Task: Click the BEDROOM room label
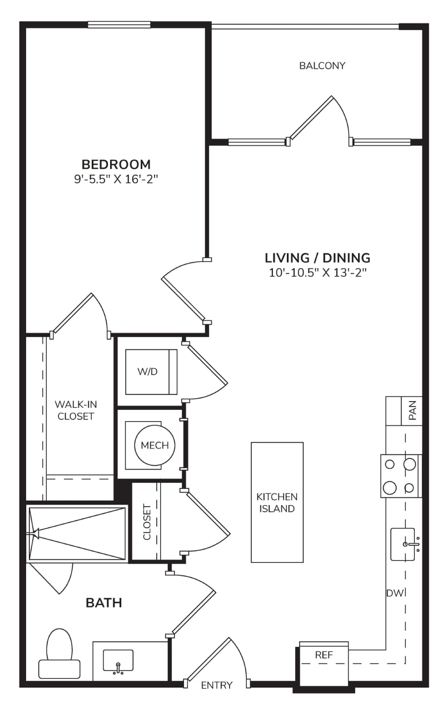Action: (116, 164)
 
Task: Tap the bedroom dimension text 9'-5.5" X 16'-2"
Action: (116, 180)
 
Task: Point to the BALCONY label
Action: (322, 66)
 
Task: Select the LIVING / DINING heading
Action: (317, 258)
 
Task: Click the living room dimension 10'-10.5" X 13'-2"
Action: (317, 273)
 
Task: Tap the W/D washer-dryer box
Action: (151, 372)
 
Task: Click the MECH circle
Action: (155, 445)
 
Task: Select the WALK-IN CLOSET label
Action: (76, 410)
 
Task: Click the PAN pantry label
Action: (413, 411)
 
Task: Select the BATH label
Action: (104, 602)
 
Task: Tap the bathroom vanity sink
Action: (118, 660)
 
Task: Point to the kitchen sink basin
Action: (403, 545)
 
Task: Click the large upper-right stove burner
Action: (410, 464)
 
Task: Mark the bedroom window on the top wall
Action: (119, 24)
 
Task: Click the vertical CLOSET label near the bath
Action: (147, 522)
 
